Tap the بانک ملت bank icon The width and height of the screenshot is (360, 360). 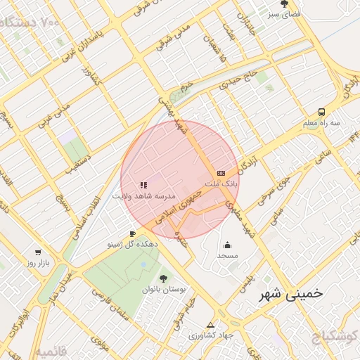221,172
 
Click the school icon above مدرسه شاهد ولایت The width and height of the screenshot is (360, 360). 143,186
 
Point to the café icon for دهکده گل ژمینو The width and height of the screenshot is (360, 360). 132,233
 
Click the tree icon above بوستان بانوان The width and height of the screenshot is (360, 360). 164,278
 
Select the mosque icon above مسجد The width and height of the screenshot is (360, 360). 228,245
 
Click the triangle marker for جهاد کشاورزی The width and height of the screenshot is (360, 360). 211,325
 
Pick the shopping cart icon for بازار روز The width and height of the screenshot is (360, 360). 38,252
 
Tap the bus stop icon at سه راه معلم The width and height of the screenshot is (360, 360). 321,112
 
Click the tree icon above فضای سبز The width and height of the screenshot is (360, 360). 285,4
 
